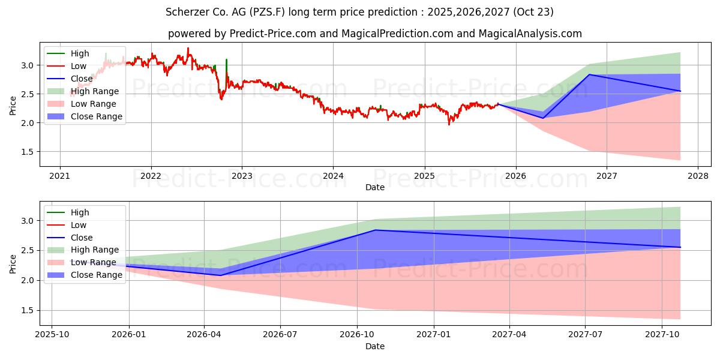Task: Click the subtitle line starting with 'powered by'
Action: pyautogui.click(x=374, y=34)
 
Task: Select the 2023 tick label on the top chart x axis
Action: pyautogui.click(x=242, y=176)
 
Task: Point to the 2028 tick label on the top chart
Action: pyautogui.click(x=698, y=176)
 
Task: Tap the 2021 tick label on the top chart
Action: pyautogui.click(x=59, y=176)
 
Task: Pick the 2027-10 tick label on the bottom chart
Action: pyautogui.click(x=662, y=334)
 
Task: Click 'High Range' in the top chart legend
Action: pyautogui.click(x=95, y=91)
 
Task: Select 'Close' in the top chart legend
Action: pyautogui.click(x=82, y=79)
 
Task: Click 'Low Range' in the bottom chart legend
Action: pyautogui.click(x=94, y=262)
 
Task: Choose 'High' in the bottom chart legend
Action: pyautogui.click(x=80, y=212)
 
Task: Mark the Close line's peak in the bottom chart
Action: pyautogui.click(x=376, y=230)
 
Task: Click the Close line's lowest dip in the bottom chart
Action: pyautogui.click(x=220, y=275)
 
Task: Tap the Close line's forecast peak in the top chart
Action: pyautogui.click(x=590, y=74)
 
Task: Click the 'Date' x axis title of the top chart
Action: pyautogui.click(x=374, y=187)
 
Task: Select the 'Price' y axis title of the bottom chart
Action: pyautogui.click(x=13, y=263)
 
